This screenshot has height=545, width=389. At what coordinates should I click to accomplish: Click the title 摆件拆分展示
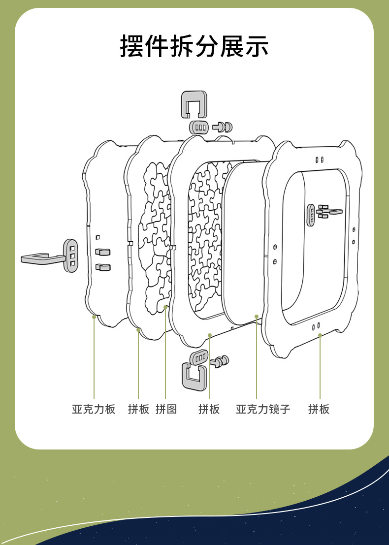(194, 47)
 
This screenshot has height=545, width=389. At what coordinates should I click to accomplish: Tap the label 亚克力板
(94, 409)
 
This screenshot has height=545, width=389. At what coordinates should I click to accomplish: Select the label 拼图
(166, 409)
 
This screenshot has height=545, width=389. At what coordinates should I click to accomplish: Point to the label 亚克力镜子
(263, 409)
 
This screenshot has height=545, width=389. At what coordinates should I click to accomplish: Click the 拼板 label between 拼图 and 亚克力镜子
(209, 409)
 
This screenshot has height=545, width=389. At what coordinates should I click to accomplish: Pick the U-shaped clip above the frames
(194, 103)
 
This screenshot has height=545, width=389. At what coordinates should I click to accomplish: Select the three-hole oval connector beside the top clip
(200, 127)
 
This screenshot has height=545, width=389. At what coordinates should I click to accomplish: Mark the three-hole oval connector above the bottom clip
(199, 357)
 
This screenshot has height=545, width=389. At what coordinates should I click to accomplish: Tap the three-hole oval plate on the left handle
(71, 256)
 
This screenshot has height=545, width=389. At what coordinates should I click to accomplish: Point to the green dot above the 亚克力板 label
(94, 317)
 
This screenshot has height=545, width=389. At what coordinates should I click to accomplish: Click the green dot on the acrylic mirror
(257, 317)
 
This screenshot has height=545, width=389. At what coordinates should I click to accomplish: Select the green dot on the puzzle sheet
(165, 307)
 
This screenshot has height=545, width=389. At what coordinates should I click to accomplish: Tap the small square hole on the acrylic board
(98, 237)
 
